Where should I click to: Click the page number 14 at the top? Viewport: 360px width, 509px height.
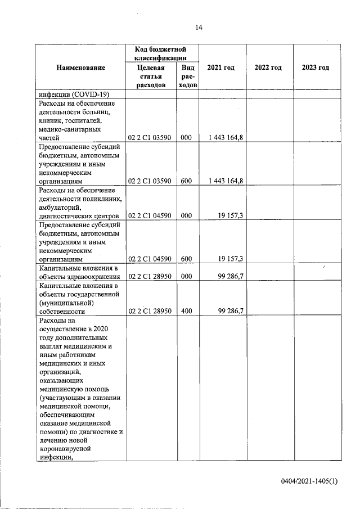pos(199,28)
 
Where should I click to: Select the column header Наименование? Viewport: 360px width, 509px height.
pos(80,67)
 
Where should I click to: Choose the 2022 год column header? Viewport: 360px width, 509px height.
pos(268,67)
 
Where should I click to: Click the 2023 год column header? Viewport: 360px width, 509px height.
pos(315,67)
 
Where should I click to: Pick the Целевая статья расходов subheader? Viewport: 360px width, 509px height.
pos(151,76)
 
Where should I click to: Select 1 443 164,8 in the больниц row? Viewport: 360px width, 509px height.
pos(226,137)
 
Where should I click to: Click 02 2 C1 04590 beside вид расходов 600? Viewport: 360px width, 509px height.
pos(150,259)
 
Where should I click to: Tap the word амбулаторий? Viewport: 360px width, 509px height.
pos(61,207)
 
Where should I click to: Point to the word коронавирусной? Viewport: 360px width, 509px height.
pos(64,449)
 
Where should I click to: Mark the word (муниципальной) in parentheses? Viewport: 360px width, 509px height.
pos(66,302)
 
